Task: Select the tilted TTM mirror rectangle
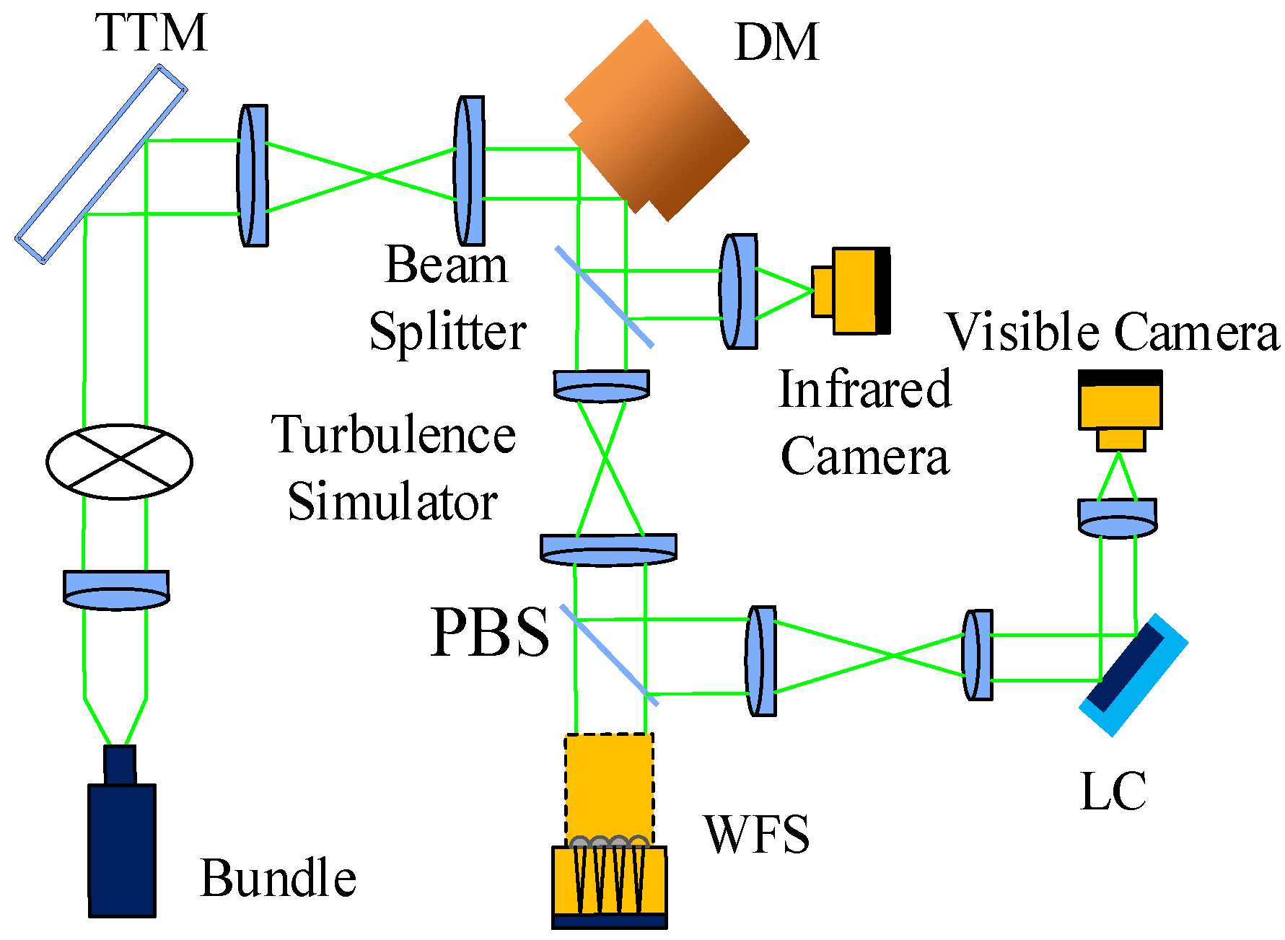101,164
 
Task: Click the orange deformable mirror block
657,120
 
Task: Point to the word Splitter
447,331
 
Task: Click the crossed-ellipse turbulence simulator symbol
119,461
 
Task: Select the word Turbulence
394,435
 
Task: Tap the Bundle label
278,878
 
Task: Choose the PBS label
489,632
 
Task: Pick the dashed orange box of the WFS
609,789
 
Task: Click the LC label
1113,791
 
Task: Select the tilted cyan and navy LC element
1133,675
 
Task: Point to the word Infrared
865,389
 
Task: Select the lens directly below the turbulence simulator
116,589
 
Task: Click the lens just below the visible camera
1117,517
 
